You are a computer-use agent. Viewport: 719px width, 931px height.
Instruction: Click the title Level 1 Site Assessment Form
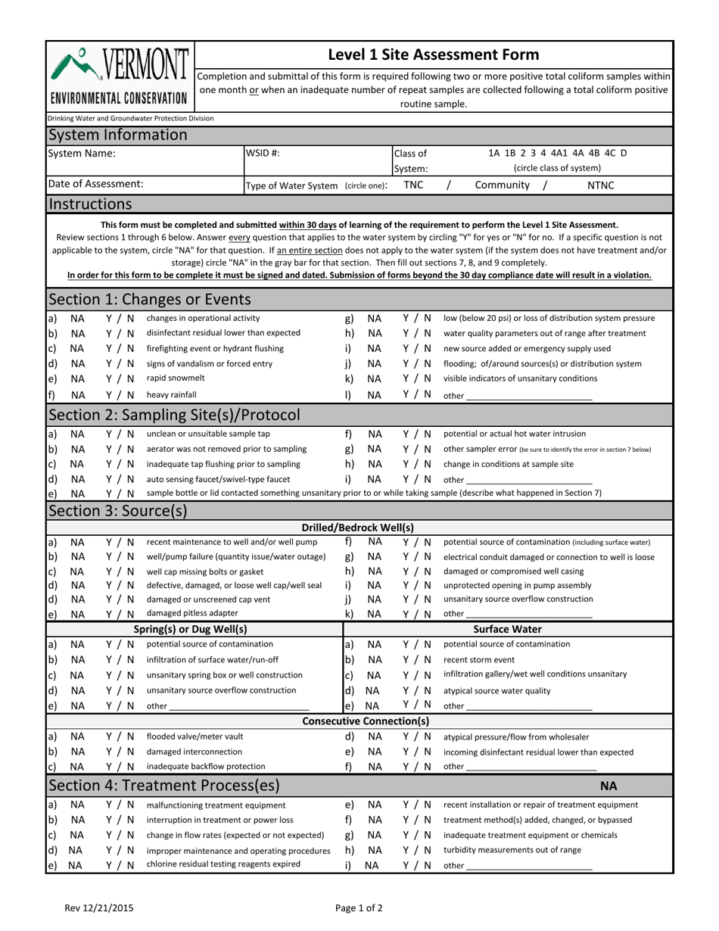pyautogui.click(x=433, y=54)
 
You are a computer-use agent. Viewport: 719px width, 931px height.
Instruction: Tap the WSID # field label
pyautogui.click(x=263, y=153)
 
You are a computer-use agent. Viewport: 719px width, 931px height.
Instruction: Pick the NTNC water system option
pyautogui.click(x=601, y=185)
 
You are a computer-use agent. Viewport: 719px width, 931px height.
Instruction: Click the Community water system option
pyautogui.click(x=502, y=185)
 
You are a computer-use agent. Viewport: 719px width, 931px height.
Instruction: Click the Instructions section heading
pyautogui.click(x=90, y=204)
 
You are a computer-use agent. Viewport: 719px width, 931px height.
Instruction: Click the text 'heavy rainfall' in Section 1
pyautogui.click(x=171, y=394)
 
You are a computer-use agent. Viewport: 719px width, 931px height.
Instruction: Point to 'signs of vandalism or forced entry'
pyautogui.click(x=209, y=363)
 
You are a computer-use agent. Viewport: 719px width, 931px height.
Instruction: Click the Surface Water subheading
pyautogui.click(x=507, y=628)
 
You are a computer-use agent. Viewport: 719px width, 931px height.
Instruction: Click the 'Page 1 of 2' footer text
pyautogui.click(x=359, y=908)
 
